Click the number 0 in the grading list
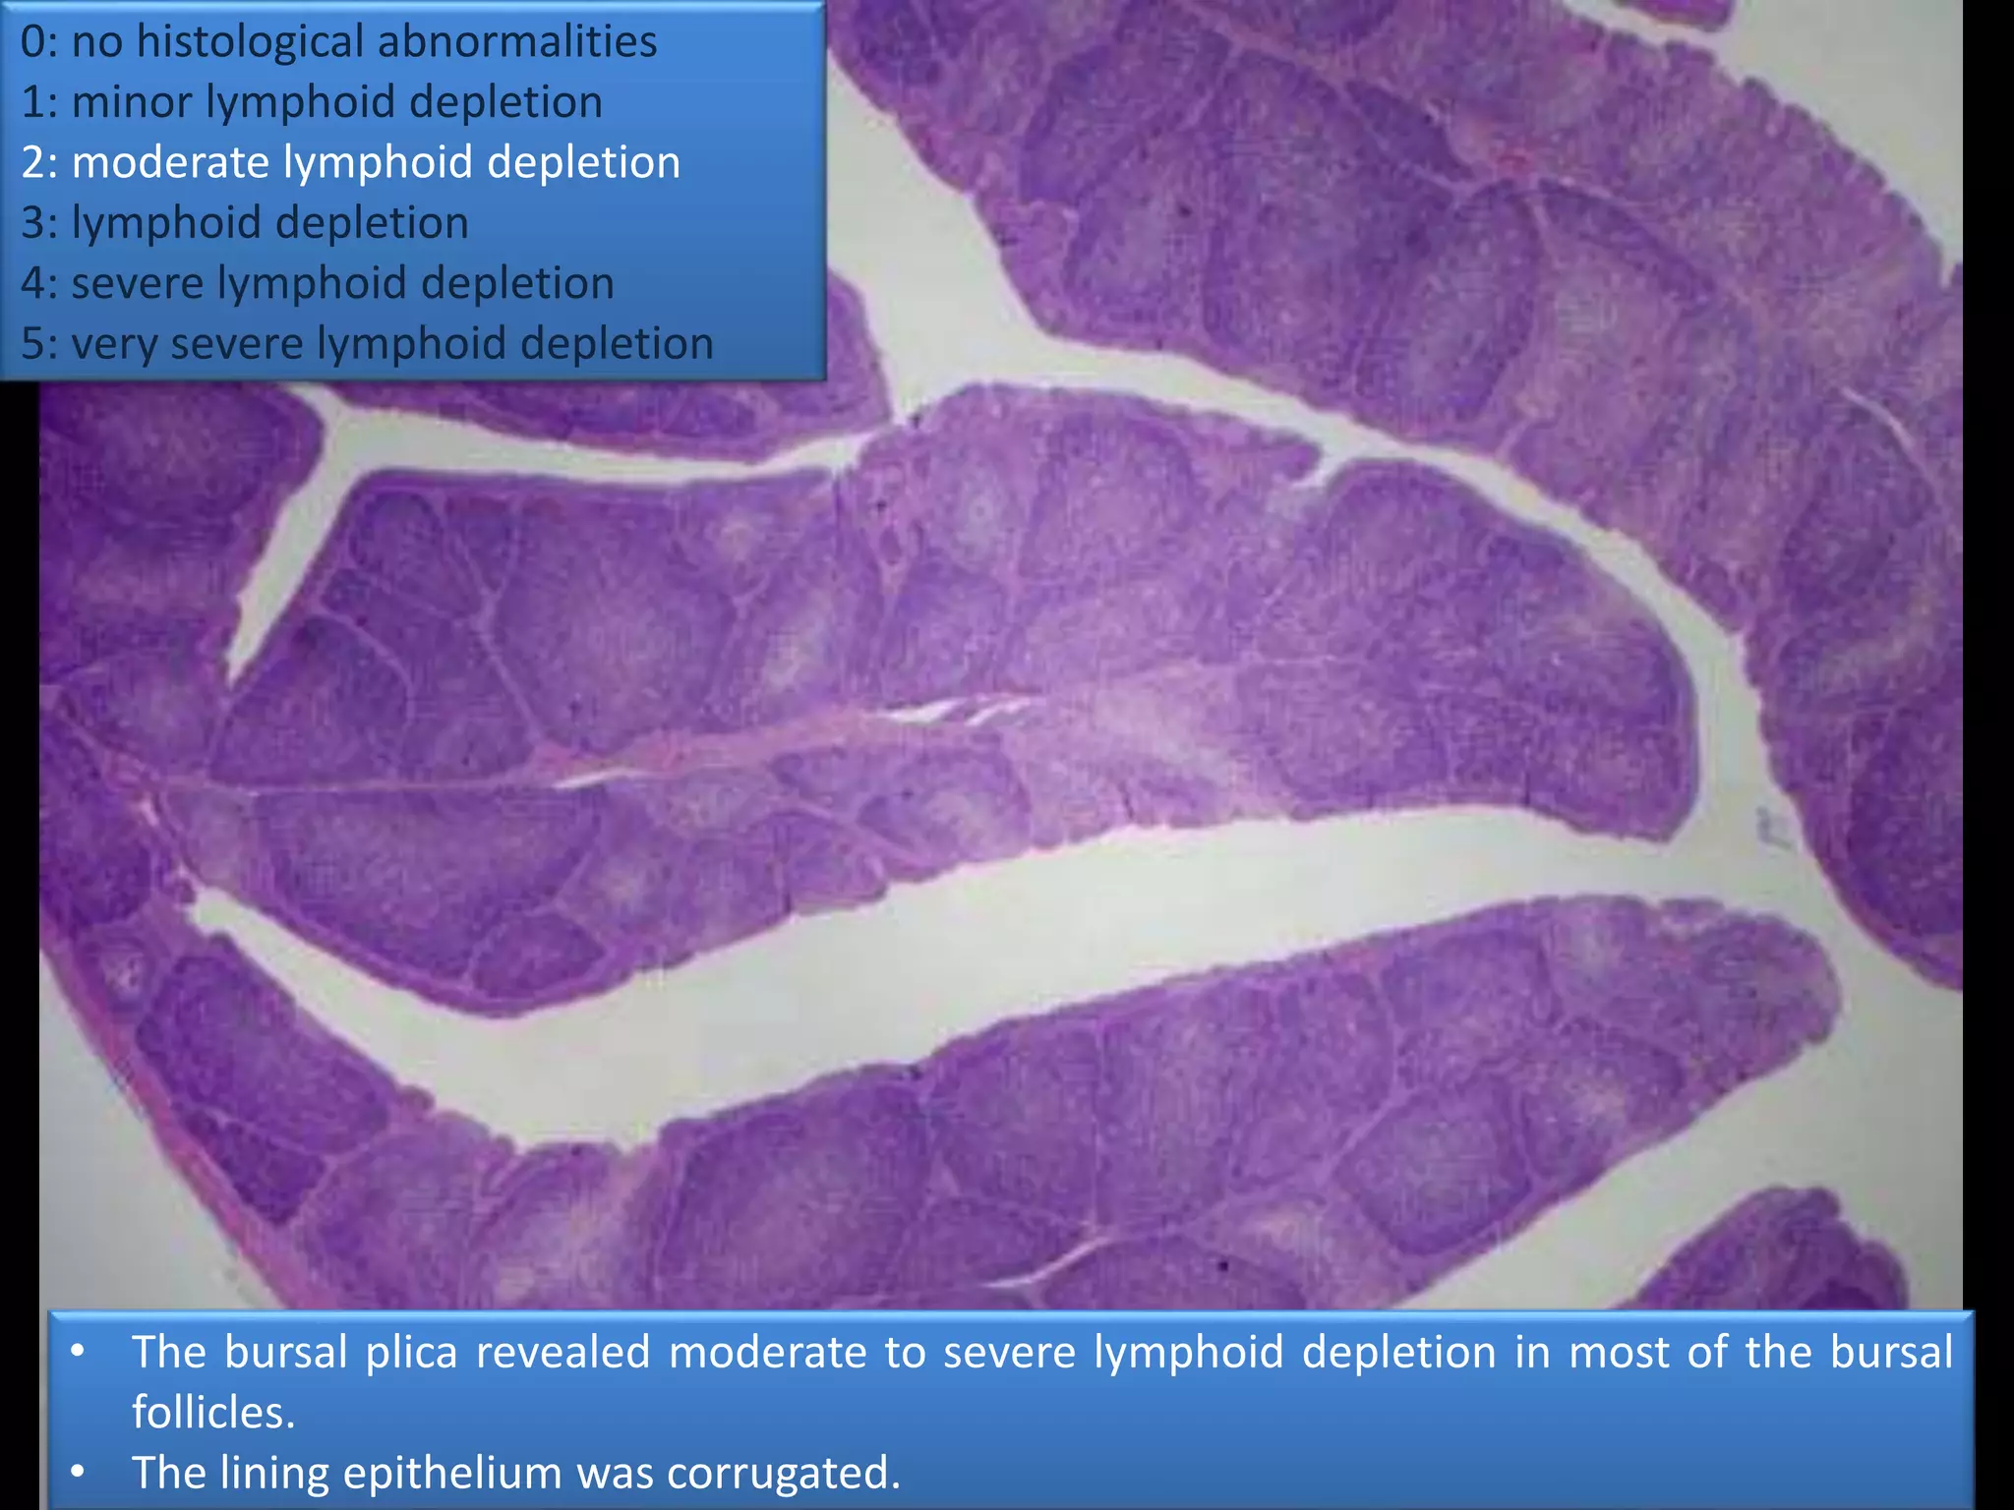pos(32,42)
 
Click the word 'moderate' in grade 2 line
pos(170,162)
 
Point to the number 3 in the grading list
pos(32,223)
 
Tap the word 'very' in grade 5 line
pos(114,344)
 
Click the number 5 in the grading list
pos(32,344)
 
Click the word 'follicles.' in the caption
pos(213,1413)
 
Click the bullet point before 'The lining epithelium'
pos(78,1473)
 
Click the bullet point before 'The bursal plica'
pos(78,1351)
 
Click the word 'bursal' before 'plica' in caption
pos(285,1352)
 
